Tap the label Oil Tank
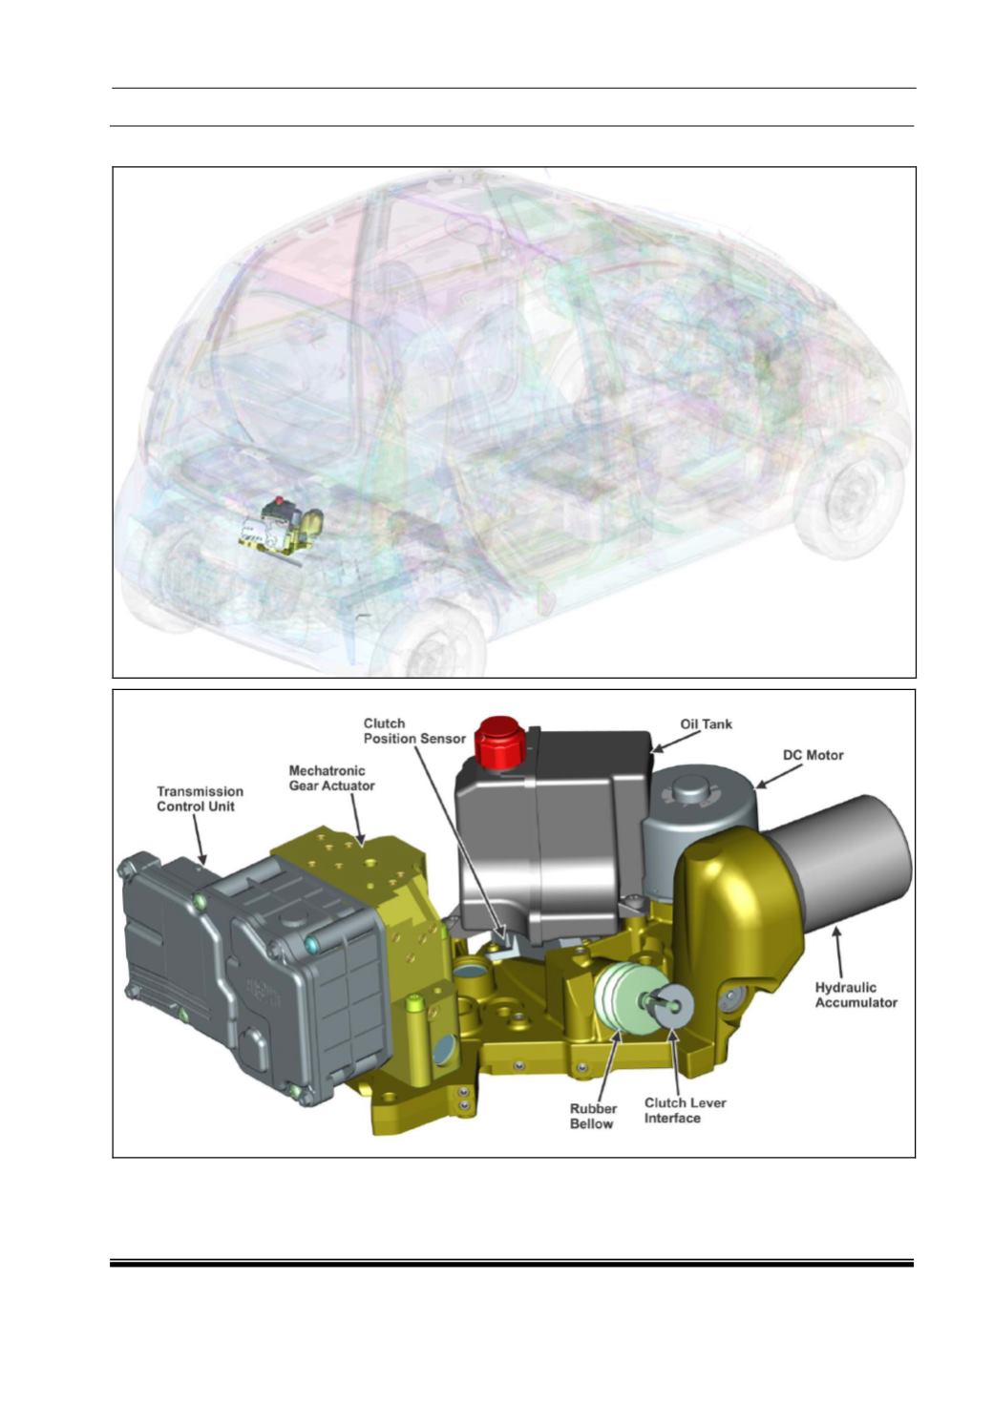click(x=706, y=723)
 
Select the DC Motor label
click(x=813, y=755)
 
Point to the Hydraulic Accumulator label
click(x=856, y=995)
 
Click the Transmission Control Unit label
click(x=200, y=799)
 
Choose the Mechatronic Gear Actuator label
click(x=331, y=778)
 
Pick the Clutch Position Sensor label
click(x=414, y=731)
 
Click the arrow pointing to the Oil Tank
click(x=674, y=741)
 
